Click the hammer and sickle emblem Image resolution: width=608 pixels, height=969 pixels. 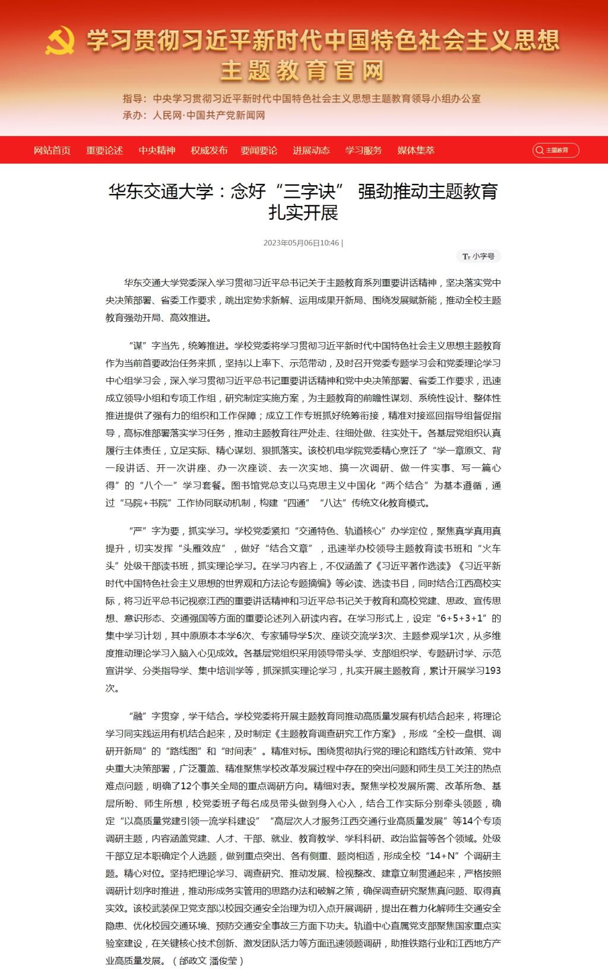pos(60,41)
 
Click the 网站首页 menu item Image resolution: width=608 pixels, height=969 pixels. pos(52,150)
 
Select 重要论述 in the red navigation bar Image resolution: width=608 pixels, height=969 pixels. pos(104,150)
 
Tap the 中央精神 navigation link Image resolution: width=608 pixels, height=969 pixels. pos(157,150)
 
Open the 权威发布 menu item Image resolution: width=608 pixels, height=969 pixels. pos(209,150)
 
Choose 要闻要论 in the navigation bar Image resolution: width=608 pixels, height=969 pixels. pos(259,150)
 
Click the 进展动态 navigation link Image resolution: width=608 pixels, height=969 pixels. pos(311,150)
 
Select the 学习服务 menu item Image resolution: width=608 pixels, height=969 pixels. pos(363,150)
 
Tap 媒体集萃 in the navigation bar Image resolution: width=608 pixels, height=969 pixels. pos(416,150)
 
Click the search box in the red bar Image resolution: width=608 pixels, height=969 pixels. pos(556,150)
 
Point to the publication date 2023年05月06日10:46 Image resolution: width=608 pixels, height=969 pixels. pos(301,243)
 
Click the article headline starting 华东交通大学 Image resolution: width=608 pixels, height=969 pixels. pos(303,201)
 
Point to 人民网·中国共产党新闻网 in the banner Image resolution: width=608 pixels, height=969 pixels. pos(208,115)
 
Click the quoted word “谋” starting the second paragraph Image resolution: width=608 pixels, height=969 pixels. pos(138,346)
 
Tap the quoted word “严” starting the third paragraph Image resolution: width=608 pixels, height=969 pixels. pos(138,531)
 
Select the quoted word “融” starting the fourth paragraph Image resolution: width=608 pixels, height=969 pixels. pos(138,716)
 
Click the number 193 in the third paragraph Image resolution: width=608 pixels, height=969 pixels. pos(493,670)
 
